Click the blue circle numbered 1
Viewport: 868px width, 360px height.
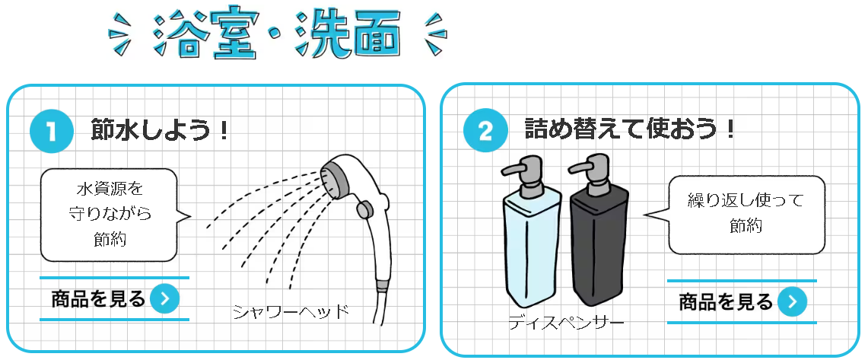(x=52, y=132)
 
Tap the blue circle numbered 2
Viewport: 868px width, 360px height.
(x=485, y=131)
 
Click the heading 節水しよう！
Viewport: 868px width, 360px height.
(x=160, y=131)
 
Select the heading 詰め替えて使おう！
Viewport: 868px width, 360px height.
(x=630, y=130)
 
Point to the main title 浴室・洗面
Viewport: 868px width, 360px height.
(x=277, y=35)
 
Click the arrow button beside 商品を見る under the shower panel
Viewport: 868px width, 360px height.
(x=165, y=299)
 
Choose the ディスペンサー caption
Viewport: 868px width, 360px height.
(x=566, y=322)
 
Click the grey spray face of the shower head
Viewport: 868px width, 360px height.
(x=335, y=178)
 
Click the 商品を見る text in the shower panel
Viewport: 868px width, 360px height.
(x=98, y=299)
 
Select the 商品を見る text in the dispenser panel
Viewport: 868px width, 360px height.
(x=726, y=302)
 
